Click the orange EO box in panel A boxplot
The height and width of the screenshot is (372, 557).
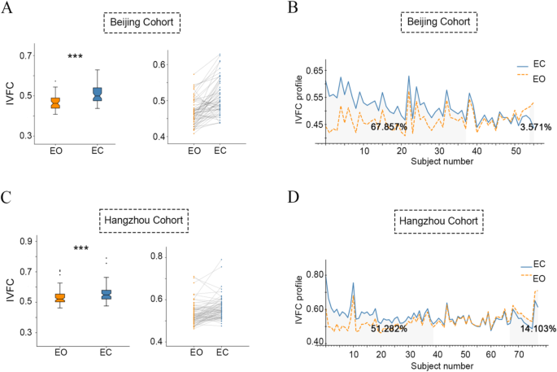[55, 103]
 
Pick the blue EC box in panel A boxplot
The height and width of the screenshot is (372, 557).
[98, 94]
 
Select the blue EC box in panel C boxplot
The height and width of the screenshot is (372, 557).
[106, 294]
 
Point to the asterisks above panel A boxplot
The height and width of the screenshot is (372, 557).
[76, 56]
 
